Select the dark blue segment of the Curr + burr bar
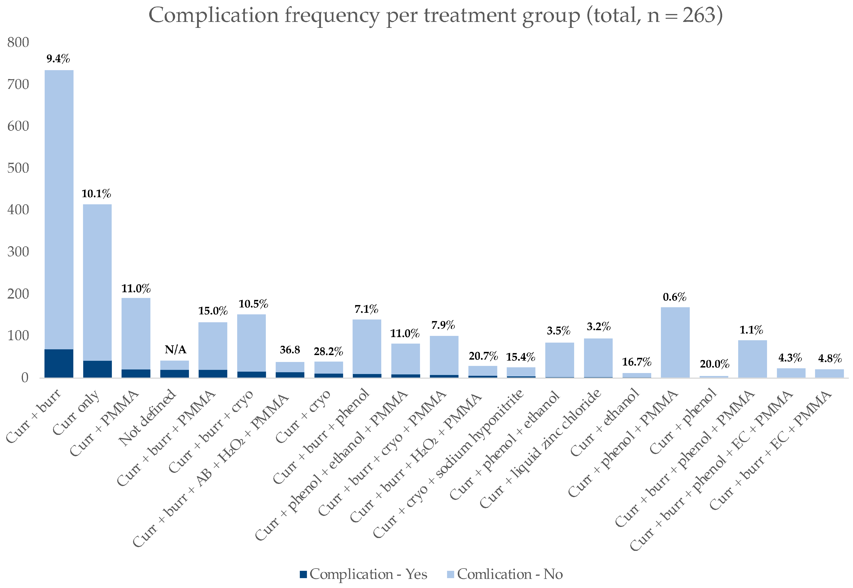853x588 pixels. pyautogui.click(x=59, y=363)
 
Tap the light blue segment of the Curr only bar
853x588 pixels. pyautogui.click(x=97, y=283)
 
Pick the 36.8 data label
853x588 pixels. pyautogui.click(x=290, y=350)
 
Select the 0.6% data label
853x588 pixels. pyautogui.click(x=675, y=297)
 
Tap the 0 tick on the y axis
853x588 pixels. pyautogui.click(x=25, y=378)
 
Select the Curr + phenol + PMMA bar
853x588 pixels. pyautogui.click(x=675, y=342)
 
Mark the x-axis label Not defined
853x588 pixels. pyautogui.click(x=147, y=418)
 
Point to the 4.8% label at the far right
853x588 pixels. pyautogui.click(x=830, y=358)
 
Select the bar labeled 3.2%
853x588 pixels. pyautogui.click(x=598, y=358)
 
